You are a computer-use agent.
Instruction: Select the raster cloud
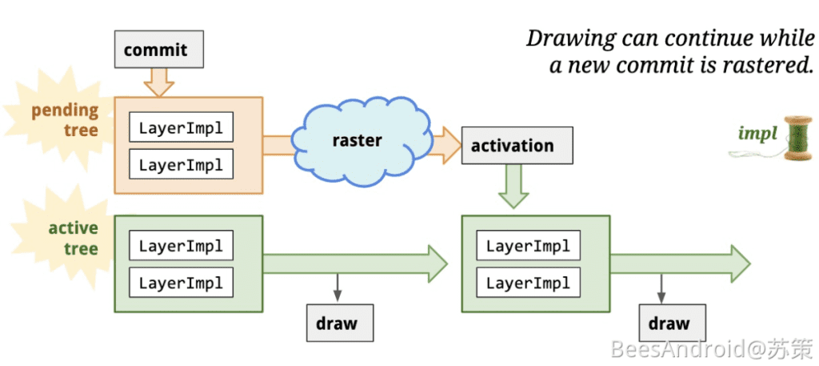(356, 140)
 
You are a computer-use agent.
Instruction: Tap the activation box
(517, 146)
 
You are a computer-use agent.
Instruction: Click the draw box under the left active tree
(340, 323)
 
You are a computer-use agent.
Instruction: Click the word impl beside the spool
(757, 134)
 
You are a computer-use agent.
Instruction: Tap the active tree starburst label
(73, 239)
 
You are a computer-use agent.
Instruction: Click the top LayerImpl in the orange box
(181, 128)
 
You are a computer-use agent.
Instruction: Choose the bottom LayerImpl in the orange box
(181, 164)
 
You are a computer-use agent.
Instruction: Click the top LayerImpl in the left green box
(181, 245)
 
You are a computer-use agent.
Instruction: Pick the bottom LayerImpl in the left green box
(181, 282)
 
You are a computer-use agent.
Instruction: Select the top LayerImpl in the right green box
(528, 245)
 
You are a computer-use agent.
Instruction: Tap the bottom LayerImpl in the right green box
(528, 282)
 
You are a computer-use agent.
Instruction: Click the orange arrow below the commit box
(158, 81)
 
